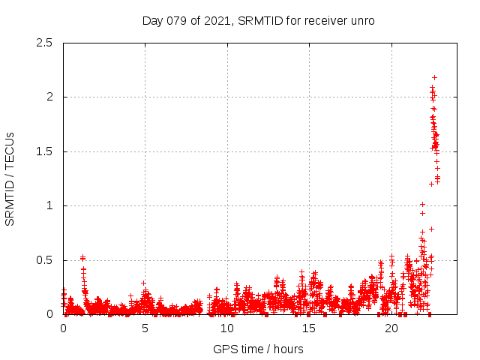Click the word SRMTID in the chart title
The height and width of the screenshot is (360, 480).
point(259,20)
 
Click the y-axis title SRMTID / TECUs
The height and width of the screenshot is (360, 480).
point(10,178)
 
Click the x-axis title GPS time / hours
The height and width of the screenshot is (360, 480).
point(258,349)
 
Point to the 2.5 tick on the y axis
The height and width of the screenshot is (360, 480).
point(47,43)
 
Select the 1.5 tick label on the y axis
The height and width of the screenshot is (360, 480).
point(47,151)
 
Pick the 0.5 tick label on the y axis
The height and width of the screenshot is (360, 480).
point(47,260)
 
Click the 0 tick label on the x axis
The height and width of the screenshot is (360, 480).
point(63,328)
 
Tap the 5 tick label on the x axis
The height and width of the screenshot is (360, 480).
point(145,328)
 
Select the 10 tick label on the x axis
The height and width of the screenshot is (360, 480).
point(226,328)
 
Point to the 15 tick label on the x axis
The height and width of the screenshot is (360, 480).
point(308,328)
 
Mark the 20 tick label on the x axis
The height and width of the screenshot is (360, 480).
point(390,328)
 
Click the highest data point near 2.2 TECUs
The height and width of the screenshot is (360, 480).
point(434,77)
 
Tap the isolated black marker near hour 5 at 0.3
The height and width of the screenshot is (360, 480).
point(142,283)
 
